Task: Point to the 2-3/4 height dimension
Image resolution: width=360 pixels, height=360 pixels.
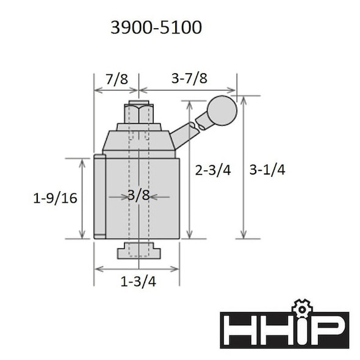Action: click(x=213, y=170)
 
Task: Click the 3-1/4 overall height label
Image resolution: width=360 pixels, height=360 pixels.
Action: click(x=267, y=170)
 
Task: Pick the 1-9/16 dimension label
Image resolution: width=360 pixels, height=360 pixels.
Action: click(x=55, y=198)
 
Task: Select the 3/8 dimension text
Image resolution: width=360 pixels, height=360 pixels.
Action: click(x=139, y=196)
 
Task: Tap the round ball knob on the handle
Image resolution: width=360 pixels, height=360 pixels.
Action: click(x=221, y=110)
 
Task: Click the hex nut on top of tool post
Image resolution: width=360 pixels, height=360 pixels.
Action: click(x=139, y=113)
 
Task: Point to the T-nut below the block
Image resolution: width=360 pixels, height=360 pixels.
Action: click(x=139, y=250)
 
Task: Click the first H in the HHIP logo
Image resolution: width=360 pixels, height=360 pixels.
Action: click(x=239, y=329)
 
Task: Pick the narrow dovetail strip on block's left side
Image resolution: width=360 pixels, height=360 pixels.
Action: click(x=99, y=197)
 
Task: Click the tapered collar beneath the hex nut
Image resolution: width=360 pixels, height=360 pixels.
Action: click(x=139, y=141)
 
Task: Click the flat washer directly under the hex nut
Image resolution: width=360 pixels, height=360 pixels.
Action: click(x=139, y=127)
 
